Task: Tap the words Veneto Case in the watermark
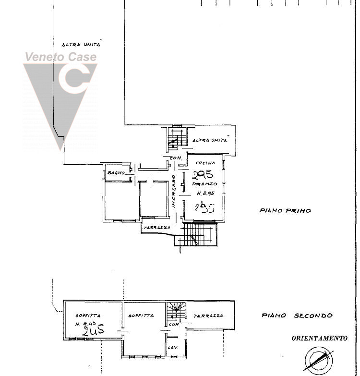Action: pos(60,57)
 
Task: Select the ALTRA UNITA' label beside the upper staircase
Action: pos(209,140)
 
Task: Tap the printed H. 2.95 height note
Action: pos(205,194)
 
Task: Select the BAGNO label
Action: pos(116,173)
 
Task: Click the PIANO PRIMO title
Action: pos(285,210)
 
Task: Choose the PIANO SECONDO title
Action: pos(297,315)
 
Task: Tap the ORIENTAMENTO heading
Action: pos(319,338)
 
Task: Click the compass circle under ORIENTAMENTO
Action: pos(318,360)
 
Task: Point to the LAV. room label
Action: pos(171,347)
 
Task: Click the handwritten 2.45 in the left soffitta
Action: pos(93,331)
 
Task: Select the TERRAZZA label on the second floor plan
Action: pos(208,316)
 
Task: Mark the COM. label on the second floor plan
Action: pos(173,325)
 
